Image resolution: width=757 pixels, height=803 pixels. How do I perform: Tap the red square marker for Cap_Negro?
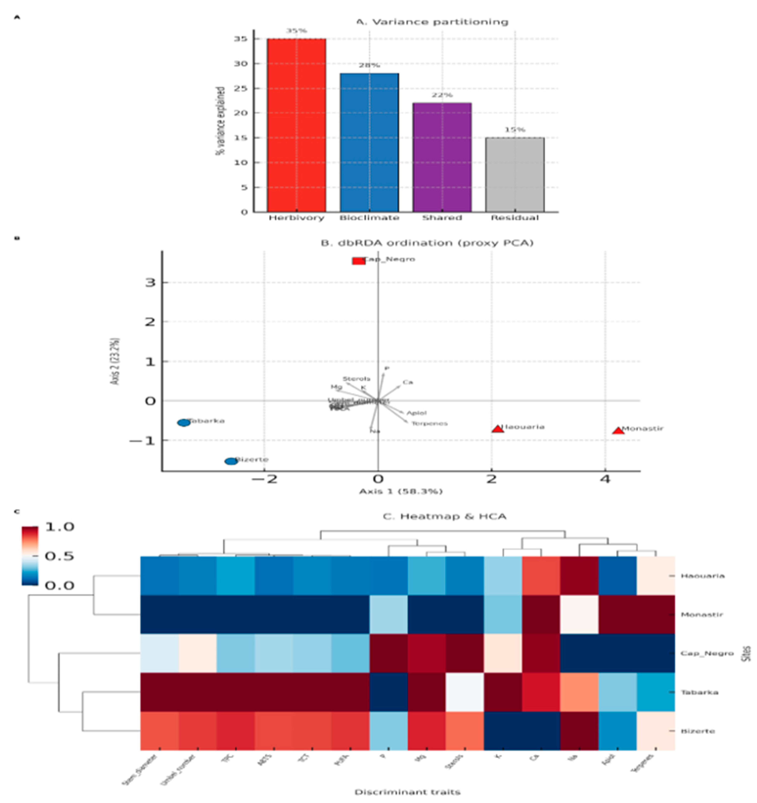(x=358, y=261)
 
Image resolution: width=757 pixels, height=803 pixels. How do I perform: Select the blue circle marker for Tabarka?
(x=184, y=423)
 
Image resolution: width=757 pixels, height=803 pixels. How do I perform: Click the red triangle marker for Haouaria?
(x=498, y=429)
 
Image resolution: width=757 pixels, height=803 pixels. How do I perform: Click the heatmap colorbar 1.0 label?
(x=59, y=527)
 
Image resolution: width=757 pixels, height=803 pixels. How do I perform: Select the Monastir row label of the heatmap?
(x=702, y=614)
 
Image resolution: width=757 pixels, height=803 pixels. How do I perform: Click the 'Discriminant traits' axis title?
(x=407, y=792)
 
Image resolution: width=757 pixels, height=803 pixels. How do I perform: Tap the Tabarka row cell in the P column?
(x=388, y=692)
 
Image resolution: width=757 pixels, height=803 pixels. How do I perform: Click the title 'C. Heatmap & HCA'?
(x=444, y=516)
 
